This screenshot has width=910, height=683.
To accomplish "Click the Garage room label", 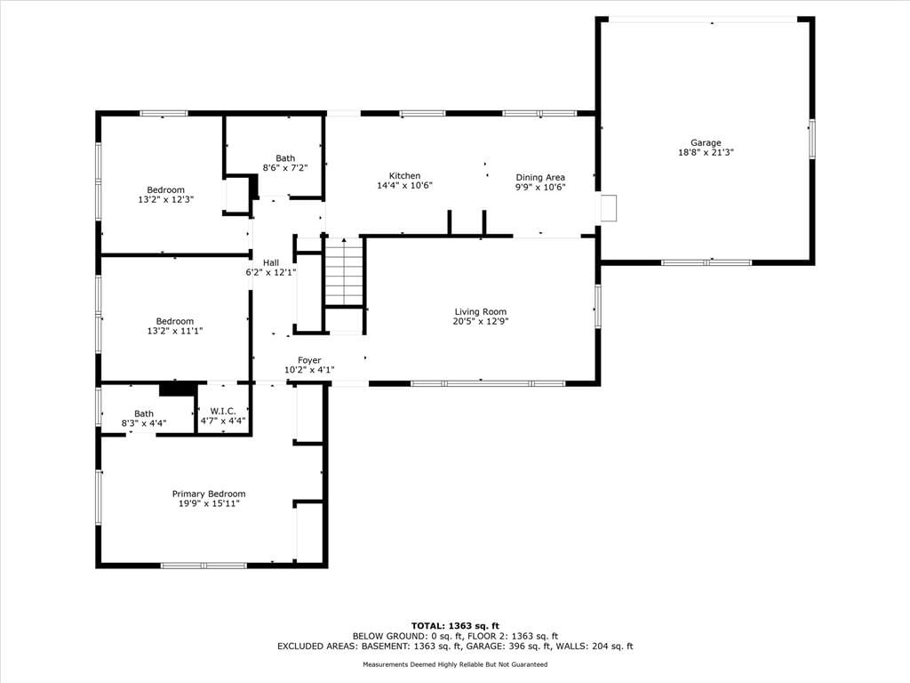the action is (x=706, y=142).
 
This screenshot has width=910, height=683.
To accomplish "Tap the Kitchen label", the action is (x=404, y=175).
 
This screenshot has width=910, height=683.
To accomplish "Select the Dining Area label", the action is (x=540, y=177).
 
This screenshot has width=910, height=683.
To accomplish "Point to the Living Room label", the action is (x=481, y=312).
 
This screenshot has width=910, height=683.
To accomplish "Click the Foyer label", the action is (x=309, y=360).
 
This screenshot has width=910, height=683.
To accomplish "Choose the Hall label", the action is (x=271, y=262).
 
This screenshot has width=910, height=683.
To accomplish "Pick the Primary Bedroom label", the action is (x=209, y=494).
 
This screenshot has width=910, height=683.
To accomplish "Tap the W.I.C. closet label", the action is (x=223, y=411).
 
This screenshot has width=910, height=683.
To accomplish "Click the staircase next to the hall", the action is (x=344, y=271).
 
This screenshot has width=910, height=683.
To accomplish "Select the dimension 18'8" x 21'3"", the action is (x=706, y=152).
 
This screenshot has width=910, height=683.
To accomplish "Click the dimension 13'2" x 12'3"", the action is (x=165, y=199).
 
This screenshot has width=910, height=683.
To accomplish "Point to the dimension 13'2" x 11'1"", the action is (x=175, y=331).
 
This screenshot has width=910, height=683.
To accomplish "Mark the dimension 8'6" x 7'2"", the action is (x=285, y=168).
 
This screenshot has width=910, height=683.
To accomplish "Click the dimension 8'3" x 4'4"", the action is (x=144, y=423).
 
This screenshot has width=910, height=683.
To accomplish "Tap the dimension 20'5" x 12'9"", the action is (x=481, y=321).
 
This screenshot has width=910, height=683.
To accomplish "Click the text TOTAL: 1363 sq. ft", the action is (x=455, y=625).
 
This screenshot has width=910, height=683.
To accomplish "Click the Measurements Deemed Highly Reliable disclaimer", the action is (x=455, y=664).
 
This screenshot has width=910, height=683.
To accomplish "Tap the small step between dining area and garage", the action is (x=608, y=208).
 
